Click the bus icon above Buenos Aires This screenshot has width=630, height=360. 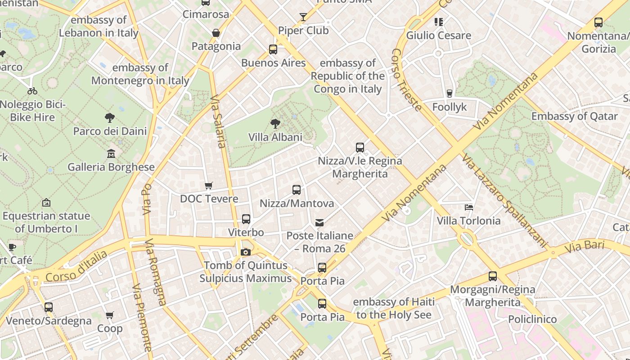point(273,49)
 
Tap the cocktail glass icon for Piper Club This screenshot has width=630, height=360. point(303,17)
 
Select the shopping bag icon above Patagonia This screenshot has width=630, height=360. point(216,33)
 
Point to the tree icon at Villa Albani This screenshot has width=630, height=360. point(275,124)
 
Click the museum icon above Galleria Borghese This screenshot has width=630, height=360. point(111,154)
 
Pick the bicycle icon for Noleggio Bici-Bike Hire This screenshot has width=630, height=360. point(32,91)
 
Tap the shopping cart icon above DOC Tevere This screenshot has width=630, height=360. point(208,185)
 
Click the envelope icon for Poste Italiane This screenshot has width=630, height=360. point(319,223)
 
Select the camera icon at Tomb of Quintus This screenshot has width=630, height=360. point(245,252)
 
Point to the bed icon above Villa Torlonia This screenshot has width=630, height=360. point(468,207)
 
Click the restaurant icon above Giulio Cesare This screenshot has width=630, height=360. point(439,22)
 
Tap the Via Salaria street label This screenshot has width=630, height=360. point(218,121)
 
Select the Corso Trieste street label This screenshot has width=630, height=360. point(406,80)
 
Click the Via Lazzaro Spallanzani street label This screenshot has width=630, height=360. point(504,200)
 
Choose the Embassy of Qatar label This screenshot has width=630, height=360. point(575,116)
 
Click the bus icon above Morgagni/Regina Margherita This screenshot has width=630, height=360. point(493,276)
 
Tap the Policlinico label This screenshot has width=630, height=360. point(532,319)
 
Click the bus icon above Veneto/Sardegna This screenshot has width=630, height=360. point(49,307)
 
